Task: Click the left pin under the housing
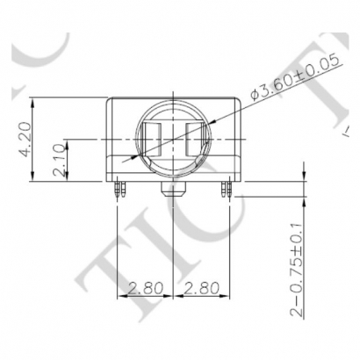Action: pos(119,188)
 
